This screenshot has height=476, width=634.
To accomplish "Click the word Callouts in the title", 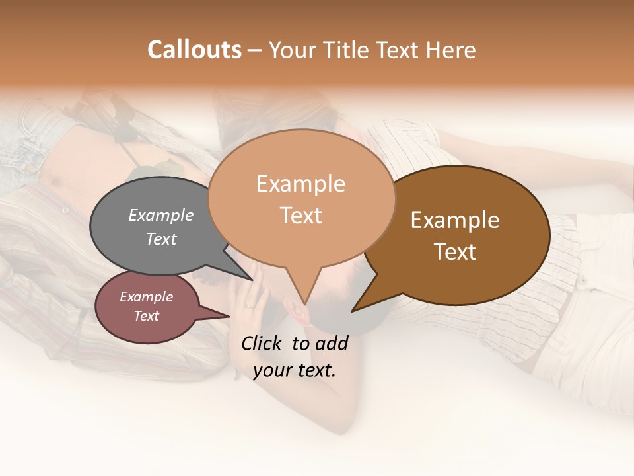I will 194,50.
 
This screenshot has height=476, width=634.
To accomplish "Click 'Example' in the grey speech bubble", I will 160,215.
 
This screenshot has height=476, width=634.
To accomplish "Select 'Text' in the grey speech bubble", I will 160,239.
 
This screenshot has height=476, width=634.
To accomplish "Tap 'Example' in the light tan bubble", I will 300,184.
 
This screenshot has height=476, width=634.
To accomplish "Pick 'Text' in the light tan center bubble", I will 300,216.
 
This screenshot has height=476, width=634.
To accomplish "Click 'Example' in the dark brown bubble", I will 455,220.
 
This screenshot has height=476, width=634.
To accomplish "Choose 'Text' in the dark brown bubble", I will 455,252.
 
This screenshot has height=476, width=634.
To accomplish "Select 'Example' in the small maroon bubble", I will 146,297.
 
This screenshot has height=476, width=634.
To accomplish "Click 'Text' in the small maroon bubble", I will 146,316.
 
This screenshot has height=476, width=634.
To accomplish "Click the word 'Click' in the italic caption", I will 263,343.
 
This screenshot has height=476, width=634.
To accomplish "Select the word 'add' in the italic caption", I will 331,343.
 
